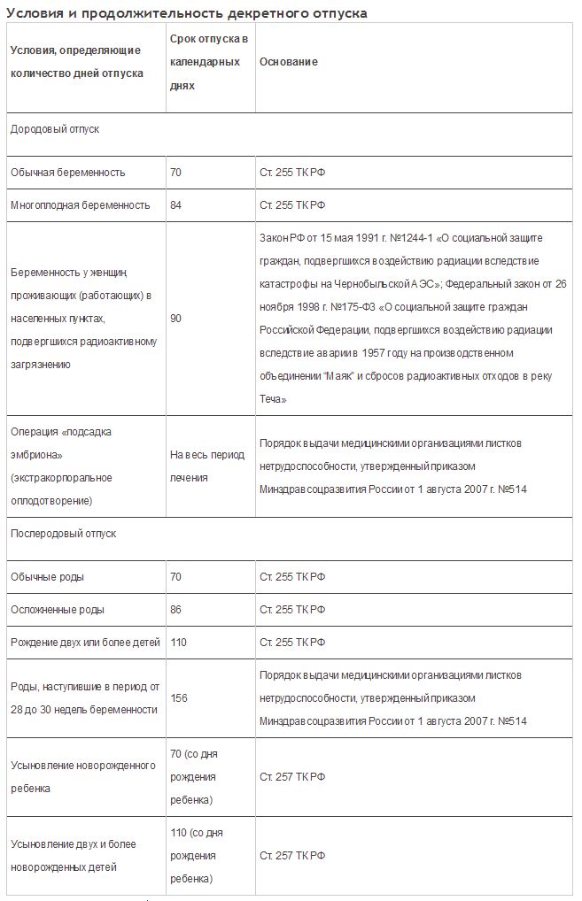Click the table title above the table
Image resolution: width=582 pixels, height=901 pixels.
(x=186, y=13)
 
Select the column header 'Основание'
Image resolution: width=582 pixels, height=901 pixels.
(x=289, y=62)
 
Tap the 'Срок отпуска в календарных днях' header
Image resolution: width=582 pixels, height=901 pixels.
(x=209, y=63)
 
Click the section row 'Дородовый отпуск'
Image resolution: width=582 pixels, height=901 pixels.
(x=55, y=129)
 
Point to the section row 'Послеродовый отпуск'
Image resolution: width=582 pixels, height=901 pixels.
(x=63, y=534)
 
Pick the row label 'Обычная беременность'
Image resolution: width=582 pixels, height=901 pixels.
(x=68, y=173)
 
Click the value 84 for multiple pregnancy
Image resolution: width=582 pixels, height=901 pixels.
(x=175, y=205)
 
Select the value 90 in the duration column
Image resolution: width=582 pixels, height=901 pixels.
(x=175, y=319)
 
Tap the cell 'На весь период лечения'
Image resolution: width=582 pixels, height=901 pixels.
(x=206, y=466)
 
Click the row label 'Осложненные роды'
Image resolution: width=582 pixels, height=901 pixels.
(x=58, y=610)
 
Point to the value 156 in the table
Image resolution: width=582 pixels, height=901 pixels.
(x=178, y=698)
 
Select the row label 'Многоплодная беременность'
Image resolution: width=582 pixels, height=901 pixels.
(x=81, y=205)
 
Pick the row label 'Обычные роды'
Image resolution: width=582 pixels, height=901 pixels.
(x=48, y=577)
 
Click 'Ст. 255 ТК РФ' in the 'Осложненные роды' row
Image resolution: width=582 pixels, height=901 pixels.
(x=292, y=610)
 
